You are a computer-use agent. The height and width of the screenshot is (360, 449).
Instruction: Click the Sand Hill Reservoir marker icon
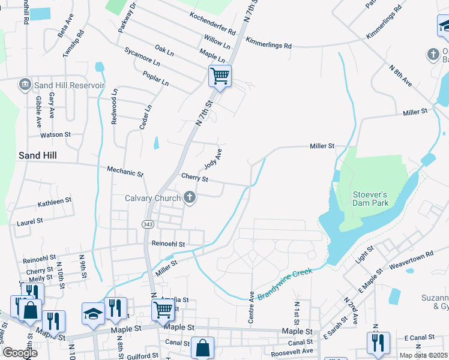click(x=25, y=85)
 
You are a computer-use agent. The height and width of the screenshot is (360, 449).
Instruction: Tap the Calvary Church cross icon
click(x=190, y=198)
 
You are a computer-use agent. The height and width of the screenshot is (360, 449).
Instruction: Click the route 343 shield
click(x=148, y=224)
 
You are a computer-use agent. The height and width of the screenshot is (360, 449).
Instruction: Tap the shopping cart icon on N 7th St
click(x=220, y=76)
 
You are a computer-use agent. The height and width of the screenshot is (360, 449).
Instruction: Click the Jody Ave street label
click(x=213, y=158)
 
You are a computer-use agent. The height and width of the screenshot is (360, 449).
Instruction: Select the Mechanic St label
click(x=125, y=172)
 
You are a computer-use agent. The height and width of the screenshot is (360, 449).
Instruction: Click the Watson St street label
click(x=55, y=134)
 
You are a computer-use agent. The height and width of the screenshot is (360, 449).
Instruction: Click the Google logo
click(x=20, y=353)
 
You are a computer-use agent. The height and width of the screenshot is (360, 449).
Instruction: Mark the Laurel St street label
click(x=29, y=221)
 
